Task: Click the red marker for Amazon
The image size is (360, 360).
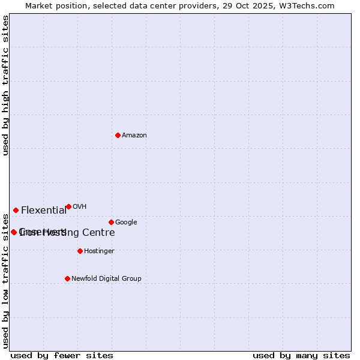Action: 118,135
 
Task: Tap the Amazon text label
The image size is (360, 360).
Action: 134,136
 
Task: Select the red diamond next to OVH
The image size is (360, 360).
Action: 68,206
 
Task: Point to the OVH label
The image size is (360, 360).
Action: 80,207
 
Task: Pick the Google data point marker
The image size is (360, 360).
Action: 111,222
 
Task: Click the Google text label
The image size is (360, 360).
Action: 126,223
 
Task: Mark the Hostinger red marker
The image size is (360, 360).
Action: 80,251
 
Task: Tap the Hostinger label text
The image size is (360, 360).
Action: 99,251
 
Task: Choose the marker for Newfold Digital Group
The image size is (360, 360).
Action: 67,278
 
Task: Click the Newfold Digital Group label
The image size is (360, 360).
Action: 106,279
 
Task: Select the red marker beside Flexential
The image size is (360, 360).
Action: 16,210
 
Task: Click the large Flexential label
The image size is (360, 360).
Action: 44,211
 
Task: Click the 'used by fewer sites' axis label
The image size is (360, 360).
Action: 62,355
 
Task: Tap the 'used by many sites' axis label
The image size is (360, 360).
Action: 301,355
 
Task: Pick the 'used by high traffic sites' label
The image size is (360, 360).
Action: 6,85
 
